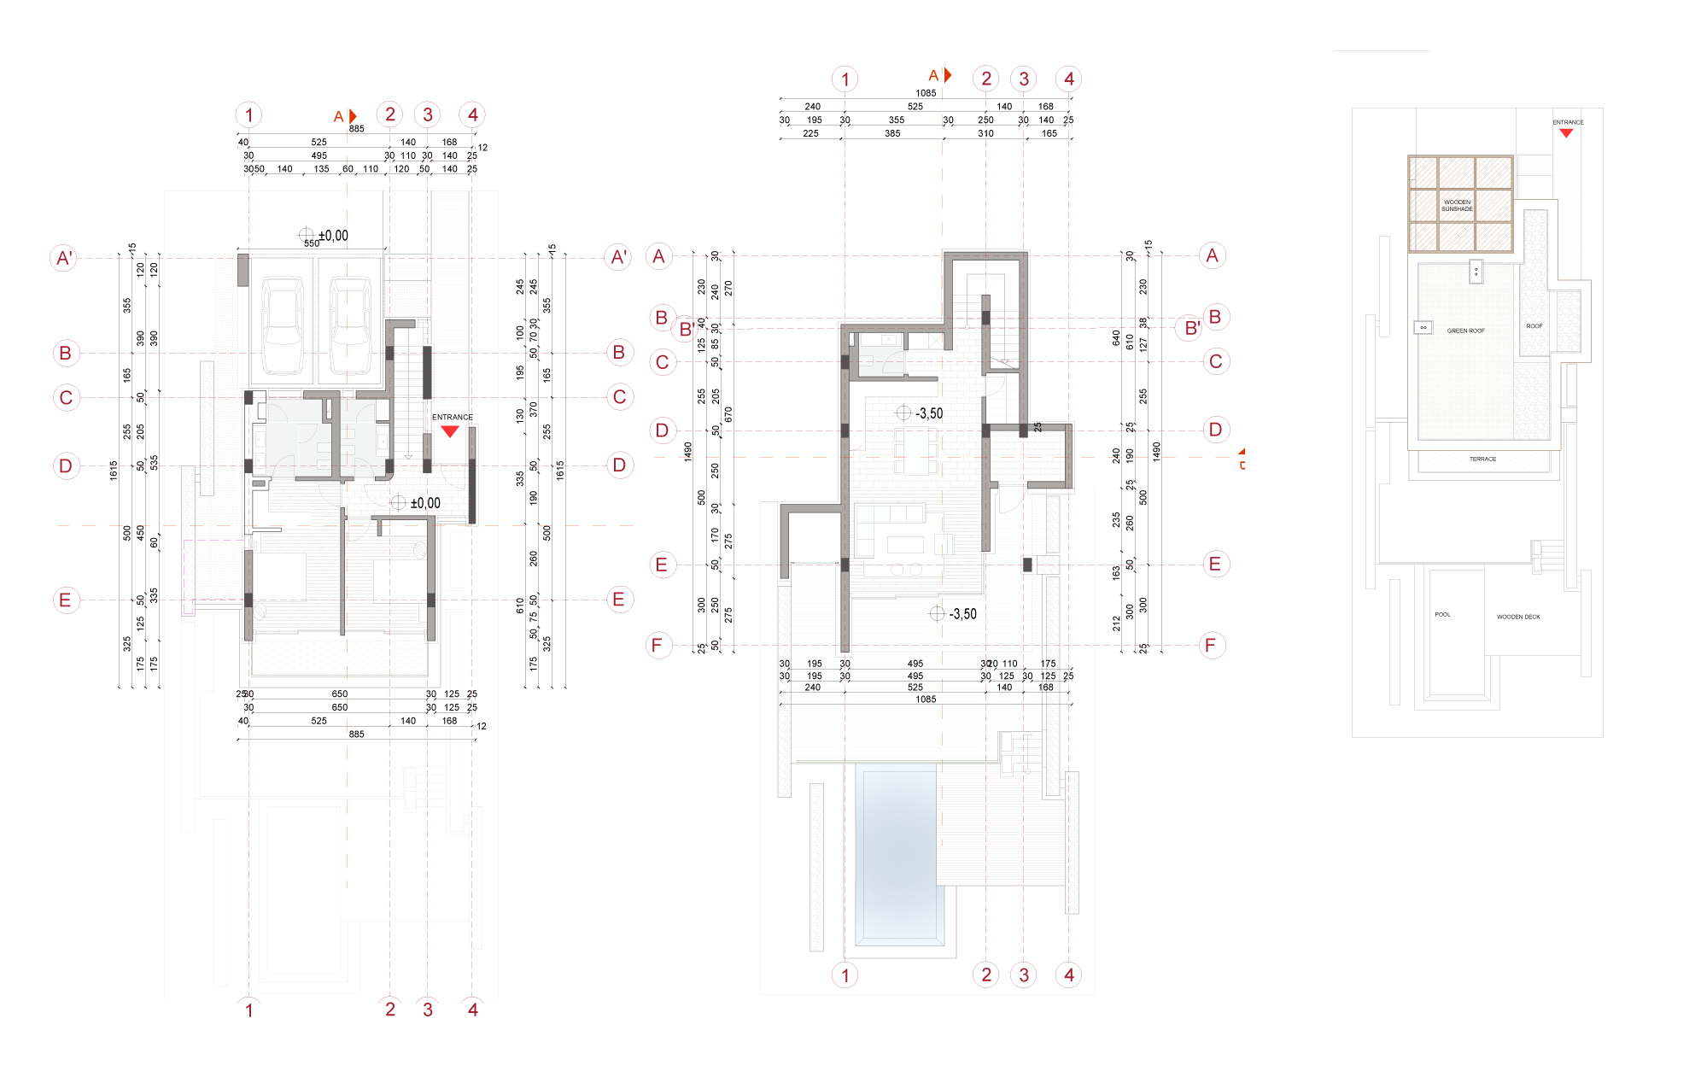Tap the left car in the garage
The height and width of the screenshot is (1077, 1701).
[x=283, y=325]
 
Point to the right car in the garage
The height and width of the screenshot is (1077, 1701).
[x=350, y=325]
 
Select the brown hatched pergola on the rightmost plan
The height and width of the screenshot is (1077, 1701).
[x=1460, y=203]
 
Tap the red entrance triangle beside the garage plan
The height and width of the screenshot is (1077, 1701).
[x=450, y=430]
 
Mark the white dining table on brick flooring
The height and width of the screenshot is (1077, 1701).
[x=915, y=450]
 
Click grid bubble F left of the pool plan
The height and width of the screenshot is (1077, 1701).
[x=658, y=645]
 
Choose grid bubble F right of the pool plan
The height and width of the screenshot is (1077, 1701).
[x=1212, y=645]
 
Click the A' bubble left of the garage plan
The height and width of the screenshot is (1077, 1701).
[x=64, y=257]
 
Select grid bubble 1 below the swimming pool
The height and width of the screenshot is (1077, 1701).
[x=845, y=975]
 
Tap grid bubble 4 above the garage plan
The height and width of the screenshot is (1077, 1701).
[x=472, y=114]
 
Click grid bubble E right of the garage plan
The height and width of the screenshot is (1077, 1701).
[x=619, y=600]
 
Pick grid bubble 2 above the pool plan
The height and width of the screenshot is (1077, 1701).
[x=985, y=79]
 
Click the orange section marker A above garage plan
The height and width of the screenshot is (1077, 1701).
[x=343, y=116]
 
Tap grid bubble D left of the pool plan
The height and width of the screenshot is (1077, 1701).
[x=663, y=430]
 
